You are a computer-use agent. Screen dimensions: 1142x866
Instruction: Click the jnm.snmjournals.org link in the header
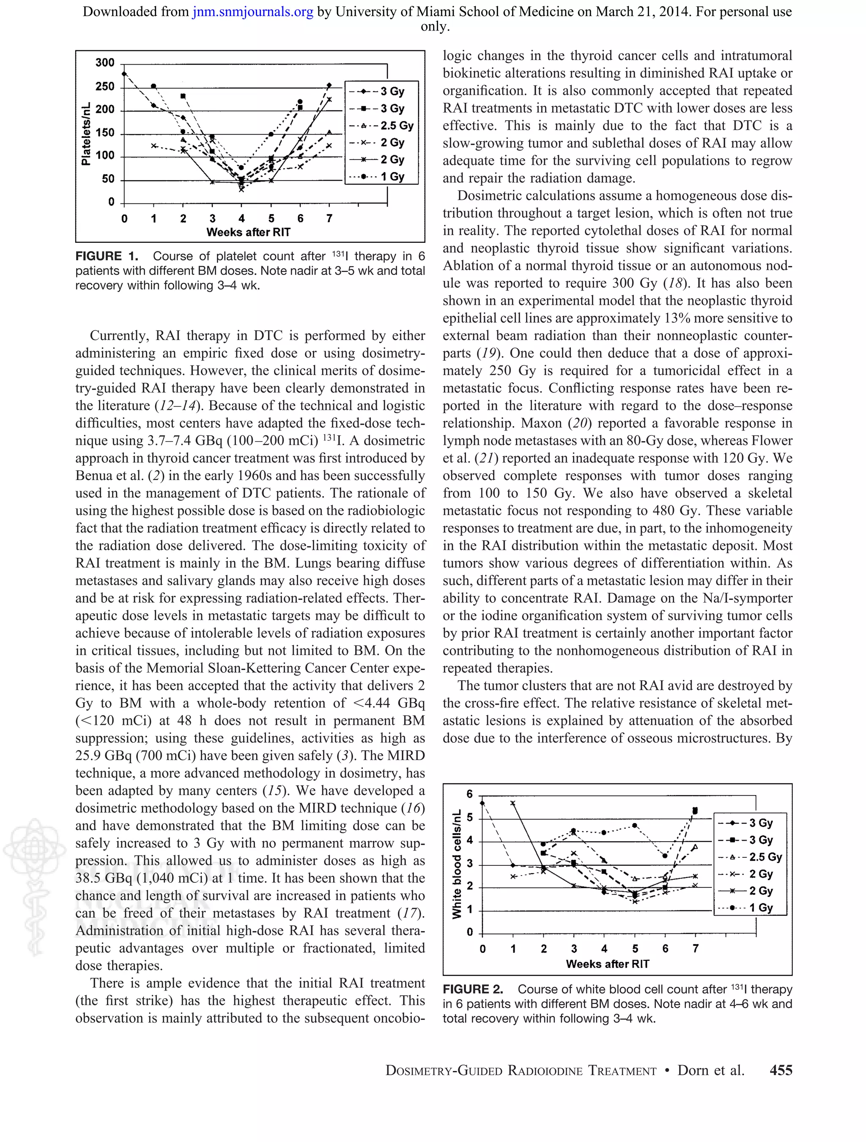[252, 11]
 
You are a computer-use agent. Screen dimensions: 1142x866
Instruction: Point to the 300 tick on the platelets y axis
[105, 63]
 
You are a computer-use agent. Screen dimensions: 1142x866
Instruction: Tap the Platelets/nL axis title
[86, 134]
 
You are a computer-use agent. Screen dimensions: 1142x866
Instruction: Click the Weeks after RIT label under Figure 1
[248, 232]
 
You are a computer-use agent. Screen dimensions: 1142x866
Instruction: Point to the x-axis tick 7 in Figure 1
[329, 218]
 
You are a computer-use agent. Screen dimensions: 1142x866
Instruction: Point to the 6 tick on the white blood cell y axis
[470, 794]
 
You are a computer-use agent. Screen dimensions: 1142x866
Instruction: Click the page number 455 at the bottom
[780, 1070]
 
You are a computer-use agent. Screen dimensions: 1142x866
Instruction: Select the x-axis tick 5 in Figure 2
[635, 949]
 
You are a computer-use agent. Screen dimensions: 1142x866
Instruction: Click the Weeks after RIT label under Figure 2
[608, 964]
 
